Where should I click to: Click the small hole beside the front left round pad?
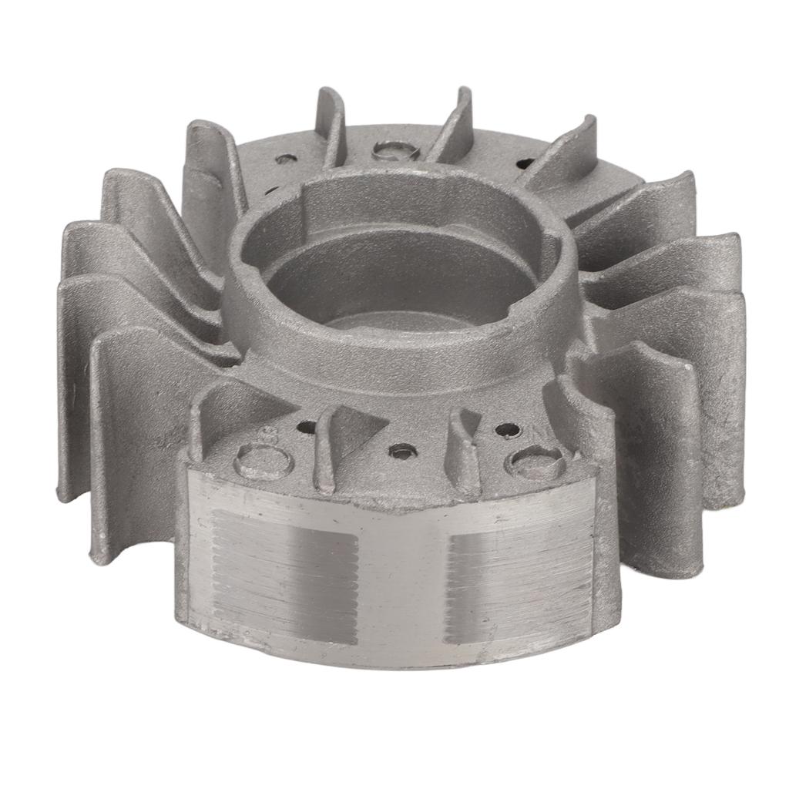[x=307, y=425]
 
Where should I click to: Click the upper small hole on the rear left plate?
[x=286, y=159]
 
